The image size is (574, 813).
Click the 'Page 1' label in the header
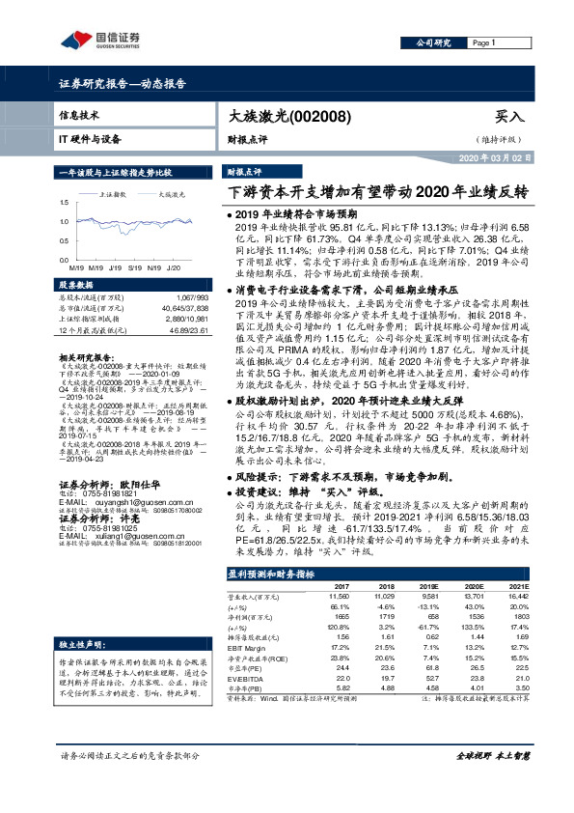tap(483, 43)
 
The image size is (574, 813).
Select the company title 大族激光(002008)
tap(276, 116)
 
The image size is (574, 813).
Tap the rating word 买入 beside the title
tap(508, 116)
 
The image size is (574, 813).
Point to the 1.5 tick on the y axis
tap(65, 202)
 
